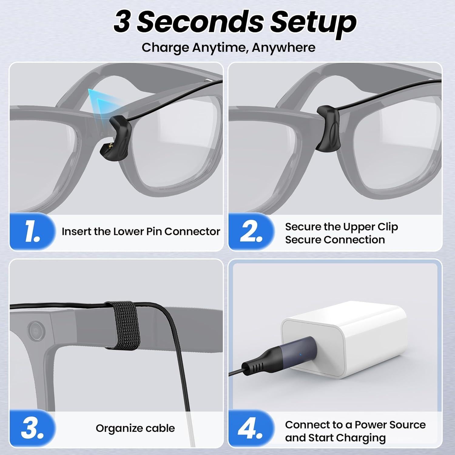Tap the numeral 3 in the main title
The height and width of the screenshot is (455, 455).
122,22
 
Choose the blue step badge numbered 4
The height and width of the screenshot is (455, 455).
251,428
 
